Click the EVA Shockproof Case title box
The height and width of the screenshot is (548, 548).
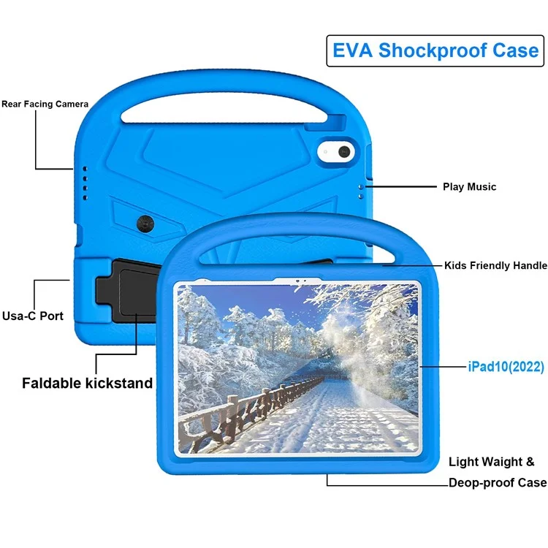click(435, 50)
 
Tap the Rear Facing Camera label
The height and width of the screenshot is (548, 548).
click(45, 104)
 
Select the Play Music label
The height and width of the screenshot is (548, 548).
click(469, 187)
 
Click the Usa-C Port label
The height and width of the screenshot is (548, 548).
click(32, 316)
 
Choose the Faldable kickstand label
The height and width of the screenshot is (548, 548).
click(87, 383)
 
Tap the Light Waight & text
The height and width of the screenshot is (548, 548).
click(491, 462)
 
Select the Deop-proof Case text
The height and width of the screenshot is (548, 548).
click(497, 482)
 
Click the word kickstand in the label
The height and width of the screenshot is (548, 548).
click(120, 383)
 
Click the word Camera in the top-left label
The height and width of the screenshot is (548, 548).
click(72, 104)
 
